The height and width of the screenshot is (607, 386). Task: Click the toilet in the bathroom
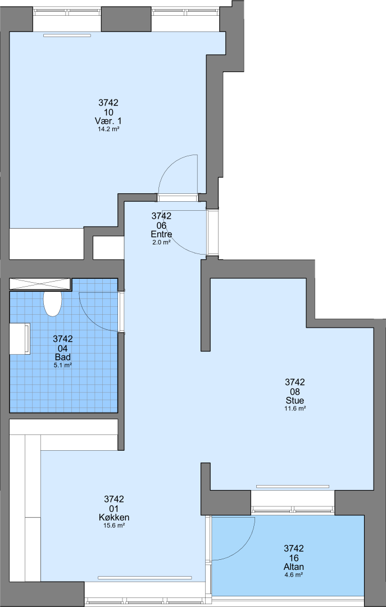pyautogui.click(x=52, y=303)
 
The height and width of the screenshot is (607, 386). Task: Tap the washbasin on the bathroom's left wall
pyautogui.click(x=20, y=339)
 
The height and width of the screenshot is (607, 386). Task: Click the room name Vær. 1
pyautogui.click(x=108, y=121)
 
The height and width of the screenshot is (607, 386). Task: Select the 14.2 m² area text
pyautogui.click(x=108, y=130)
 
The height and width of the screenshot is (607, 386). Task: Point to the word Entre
pyautogui.click(x=161, y=234)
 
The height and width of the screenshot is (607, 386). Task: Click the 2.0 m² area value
pyautogui.click(x=161, y=242)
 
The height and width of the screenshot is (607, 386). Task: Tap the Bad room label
pyautogui.click(x=63, y=357)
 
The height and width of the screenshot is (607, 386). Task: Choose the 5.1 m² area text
pyautogui.click(x=63, y=365)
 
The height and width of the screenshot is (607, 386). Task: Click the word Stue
pyautogui.click(x=295, y=400)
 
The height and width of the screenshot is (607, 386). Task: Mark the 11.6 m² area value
pyautogui.click(x=295, y=409)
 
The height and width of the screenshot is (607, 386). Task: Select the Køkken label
pyautogui.click(x=114, y=518)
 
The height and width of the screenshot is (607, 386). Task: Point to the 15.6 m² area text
pyautogui.click(x=114, y=526)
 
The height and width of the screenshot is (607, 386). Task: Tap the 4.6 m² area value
pyautogui.click(x=293, y=575)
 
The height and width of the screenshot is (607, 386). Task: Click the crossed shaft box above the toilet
pyautogui.click(x=40, y=284)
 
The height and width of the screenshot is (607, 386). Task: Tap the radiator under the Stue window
pyautogui.click(x=293, y=486)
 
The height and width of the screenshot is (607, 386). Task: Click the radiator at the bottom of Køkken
pyautogui.click(x=145, y=578)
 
